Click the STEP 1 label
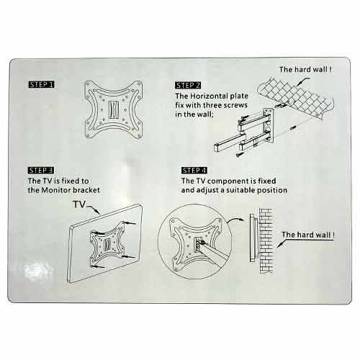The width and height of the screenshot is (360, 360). pos(41,84)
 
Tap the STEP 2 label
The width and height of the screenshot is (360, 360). pos(188,86)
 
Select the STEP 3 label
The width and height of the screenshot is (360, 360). pos(41,171)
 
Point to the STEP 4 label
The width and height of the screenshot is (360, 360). pos(194,171)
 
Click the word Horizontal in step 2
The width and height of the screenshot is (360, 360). pos(209,96)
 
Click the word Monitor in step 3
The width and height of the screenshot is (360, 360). pos(56,190)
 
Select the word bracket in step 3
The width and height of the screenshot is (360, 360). pos(86,190)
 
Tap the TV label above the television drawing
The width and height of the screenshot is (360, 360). pos(79,204)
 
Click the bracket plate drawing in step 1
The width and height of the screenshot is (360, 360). pos(114,109)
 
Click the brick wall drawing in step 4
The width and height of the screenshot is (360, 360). pos(266,240)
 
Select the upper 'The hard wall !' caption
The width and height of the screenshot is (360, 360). pos(305,70)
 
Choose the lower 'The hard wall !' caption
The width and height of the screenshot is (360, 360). pos(308,235)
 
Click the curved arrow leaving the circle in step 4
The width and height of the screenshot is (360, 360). pos(235,220)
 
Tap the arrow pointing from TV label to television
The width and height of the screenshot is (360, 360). pos(94,209)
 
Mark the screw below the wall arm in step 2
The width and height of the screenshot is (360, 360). pos(239,155)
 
